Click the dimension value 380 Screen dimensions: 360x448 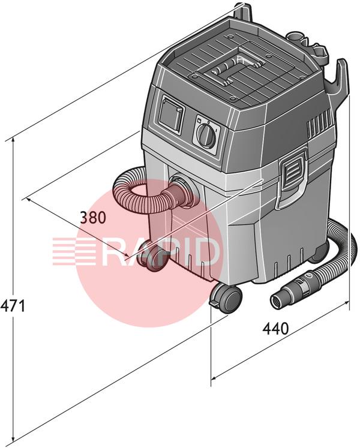(x=92, y=218)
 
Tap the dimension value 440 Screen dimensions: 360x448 (x=275, y=329)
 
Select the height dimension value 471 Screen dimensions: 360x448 (x=13, y=306)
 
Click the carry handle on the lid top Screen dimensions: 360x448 (x=226, y=70)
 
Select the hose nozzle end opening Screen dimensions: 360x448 (x=278, y=302)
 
